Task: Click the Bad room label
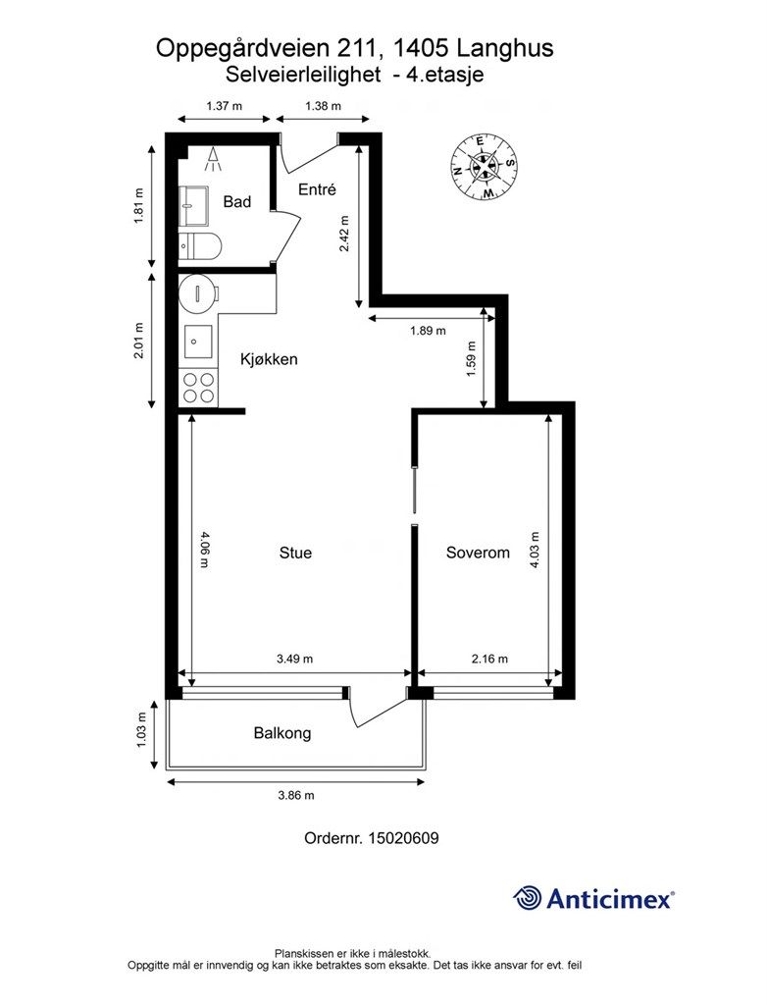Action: pyautogui.click(x=236, y=202)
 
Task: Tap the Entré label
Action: pyautogui.click(x=317, y=189)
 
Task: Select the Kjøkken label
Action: pyautogui.click(x=269, y=359)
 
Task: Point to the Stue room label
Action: pyautogui.click(x=295, y=553)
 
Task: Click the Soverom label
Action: pyautogui.click(x=478, y=553)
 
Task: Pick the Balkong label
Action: pyautogui.click(x=282, y=733)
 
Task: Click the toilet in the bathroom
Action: pyautogui.click(x=200, y=245)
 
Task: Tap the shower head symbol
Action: pyautogui.click(x=212, y=159)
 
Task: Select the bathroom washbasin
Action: pyautogui.click(x=193, y=206)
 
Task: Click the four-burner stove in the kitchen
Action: pyautogui.click(x=199, y=388)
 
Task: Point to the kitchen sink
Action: pyautogui.click(x=199, y=341)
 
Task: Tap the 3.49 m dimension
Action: pyautogui.click(x=295, y=659)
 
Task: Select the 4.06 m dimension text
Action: pyautogui.click(x=204, y=549)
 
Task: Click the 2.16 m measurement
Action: pyautogui.click(x=489, y=659)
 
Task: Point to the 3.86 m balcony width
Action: pyautogui.click(x=296, y=795)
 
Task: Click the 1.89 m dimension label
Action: pyautogui.click(x=428, y=331)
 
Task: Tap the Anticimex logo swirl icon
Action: pyautogui.click(x=528, y=897)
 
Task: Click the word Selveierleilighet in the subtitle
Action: pyautogui.click(x=303, y=75)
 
